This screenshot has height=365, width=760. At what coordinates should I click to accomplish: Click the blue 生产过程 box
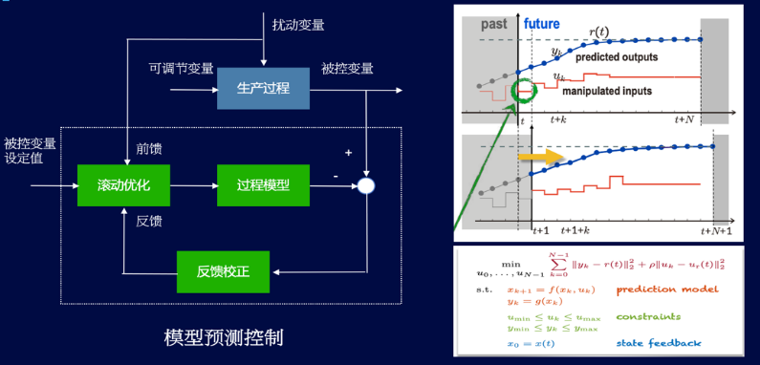pyautogui.click(x=263, y=89)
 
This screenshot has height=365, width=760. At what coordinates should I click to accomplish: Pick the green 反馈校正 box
pyautogui.click(x=225, y=271)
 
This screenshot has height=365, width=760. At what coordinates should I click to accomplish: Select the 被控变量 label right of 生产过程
pyautogui.click(x=347, y=68)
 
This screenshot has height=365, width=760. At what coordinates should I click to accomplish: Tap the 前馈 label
pyautogui.click(x=149, y=148)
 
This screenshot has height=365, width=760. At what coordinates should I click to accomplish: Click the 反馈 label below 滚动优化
pyautogui.click(x=149, y=221)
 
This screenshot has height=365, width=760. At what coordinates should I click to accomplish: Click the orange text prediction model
pyautogui.click(x=659, y=289)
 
